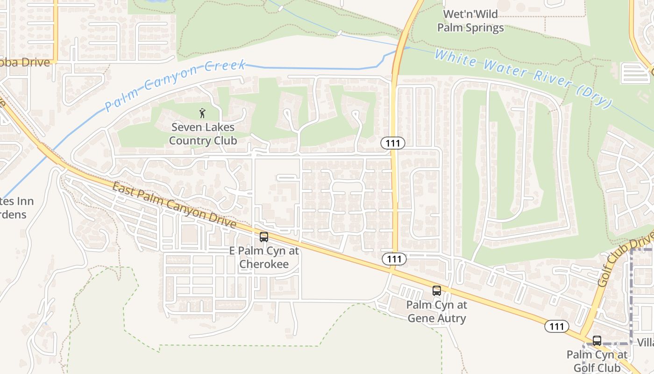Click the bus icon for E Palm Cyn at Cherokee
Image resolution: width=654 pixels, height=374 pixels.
pos(264,237)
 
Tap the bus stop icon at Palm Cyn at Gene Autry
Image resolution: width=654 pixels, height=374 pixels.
pos(437,291)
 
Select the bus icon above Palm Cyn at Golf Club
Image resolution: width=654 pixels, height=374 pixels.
pos(597,341)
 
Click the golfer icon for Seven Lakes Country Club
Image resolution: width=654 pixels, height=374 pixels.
pos(202,113)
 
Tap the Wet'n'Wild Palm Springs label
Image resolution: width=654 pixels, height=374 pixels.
pos(470,21)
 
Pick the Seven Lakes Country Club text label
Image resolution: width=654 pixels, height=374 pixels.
pos(203,134)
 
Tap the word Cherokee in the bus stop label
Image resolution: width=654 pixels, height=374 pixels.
pos(263,264)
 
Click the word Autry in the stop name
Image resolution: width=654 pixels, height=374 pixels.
pos(450,318)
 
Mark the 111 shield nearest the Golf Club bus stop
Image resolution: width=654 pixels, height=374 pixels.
pos(557,326)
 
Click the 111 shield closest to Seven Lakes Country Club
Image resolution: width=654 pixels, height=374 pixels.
pos(393,143)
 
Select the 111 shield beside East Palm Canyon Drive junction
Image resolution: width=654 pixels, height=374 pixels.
pos(394,259)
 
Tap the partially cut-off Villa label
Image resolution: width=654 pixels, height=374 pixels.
pos(646,343)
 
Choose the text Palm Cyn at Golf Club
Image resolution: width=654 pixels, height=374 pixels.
pos(597,361)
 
